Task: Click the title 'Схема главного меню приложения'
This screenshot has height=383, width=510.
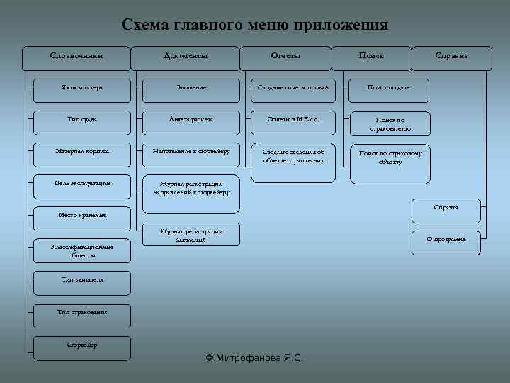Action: [x=255, y=26]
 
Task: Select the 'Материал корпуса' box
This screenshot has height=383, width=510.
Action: [x=82, y=152]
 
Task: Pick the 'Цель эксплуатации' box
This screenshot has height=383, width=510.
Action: [x=82, y=184]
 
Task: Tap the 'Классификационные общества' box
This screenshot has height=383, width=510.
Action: [x=82, y=250]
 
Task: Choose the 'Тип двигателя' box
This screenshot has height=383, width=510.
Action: [x=82, y=280]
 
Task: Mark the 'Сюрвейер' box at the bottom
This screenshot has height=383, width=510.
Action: [x=82, y=345]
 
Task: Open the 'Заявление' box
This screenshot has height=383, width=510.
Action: [x=191, y=89]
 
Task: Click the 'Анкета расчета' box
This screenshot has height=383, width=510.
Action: [x=191, y=121]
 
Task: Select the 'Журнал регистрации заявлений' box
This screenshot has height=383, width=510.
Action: [x=191, y=235]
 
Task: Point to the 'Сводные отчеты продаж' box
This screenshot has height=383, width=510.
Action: [x=291, y=89]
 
